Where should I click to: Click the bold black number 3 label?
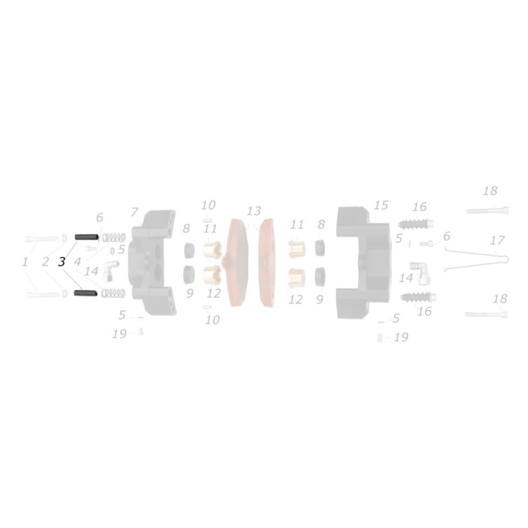61,262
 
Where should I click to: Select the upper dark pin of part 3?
87,237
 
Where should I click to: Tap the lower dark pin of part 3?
87,293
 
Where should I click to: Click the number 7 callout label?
135,212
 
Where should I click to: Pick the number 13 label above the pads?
254,211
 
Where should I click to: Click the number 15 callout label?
381,205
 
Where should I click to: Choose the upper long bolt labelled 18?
488,211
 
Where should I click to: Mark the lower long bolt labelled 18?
487,313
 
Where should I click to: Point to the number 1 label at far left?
25,262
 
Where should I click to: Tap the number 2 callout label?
46,262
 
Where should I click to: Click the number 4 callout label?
78,262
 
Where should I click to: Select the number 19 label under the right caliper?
400,337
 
